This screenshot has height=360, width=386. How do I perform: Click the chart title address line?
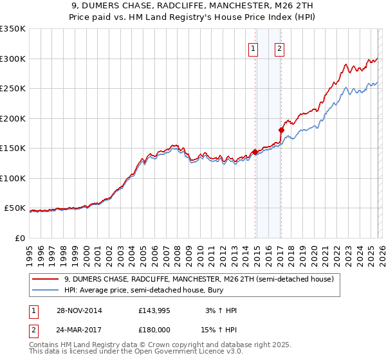coord(192,6)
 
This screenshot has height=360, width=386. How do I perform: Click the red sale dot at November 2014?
coord(255,152)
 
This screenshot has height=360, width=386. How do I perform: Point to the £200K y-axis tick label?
coord(13,118)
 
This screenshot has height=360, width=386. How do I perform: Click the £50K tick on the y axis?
coord(15,208)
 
